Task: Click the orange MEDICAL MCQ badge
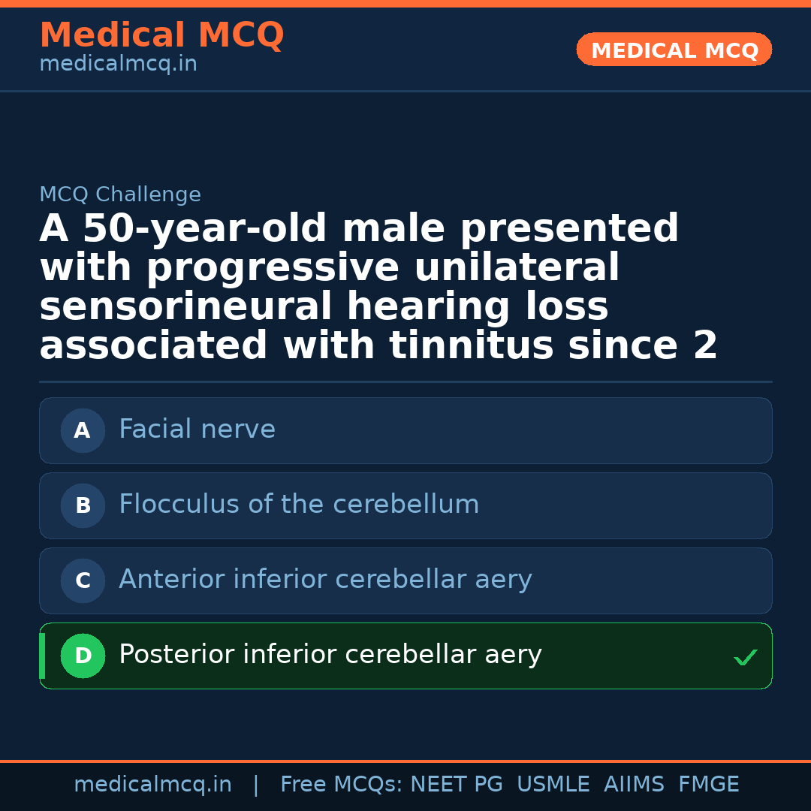click(674, 50)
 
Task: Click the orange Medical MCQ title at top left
click(161, 35)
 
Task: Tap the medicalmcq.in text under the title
click(118, 65)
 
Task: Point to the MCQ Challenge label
click(120, 194)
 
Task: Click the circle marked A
click(83, 430)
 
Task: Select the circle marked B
click(83, 505)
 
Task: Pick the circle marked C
click(83, 580)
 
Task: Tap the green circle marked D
click(83, 656)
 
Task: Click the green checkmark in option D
click(745, 658)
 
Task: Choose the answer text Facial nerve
click(197, 430)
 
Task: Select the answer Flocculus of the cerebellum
click(299, 505)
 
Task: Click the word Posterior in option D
click(176, 655)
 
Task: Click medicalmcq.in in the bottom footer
click(152, 785)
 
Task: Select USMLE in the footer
click(553, 785)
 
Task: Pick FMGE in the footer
click(708, 785)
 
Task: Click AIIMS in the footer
click(634, 785)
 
